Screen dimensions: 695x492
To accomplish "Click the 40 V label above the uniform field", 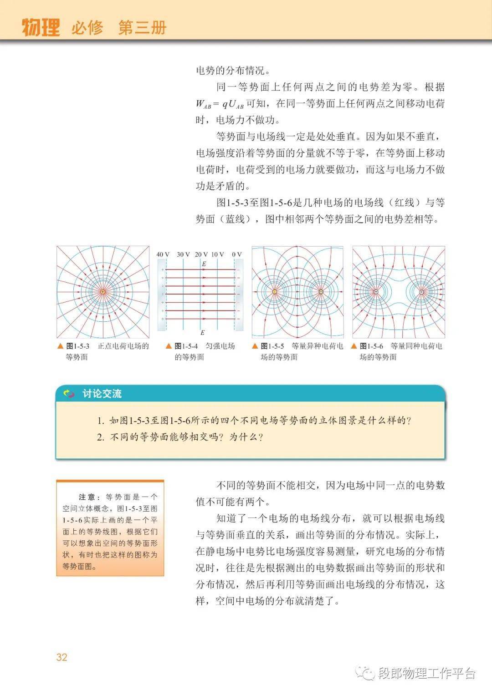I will click(163, 254).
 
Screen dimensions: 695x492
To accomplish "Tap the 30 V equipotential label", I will click(183, 254).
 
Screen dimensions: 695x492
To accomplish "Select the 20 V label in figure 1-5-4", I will click(201, 254).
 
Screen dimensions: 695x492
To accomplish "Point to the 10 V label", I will click(218, 254).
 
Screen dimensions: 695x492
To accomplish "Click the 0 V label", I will click(237, 254).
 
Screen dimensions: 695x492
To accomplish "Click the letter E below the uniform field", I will click(203, 333).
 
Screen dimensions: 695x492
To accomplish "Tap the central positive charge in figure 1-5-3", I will click(103, 292).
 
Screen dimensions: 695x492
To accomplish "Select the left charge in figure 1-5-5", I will click(275, 292).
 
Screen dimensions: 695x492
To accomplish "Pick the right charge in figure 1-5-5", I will click(321, 292).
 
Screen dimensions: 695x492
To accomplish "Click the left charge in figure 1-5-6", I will click(376, 292).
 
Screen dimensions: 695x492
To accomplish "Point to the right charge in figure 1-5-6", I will click(422, 292).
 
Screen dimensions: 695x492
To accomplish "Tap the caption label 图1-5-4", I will click(186, 346).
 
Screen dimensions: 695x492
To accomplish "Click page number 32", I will click(62, 657).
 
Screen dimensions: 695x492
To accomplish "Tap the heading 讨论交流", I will click(102, 394).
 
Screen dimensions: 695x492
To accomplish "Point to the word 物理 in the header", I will click(41, 28).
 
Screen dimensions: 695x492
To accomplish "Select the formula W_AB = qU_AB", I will click(220, 104).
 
